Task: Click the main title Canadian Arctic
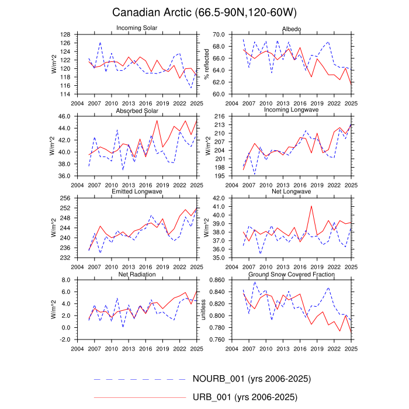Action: (204, 12)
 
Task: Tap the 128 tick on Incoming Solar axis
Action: (65, 34)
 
